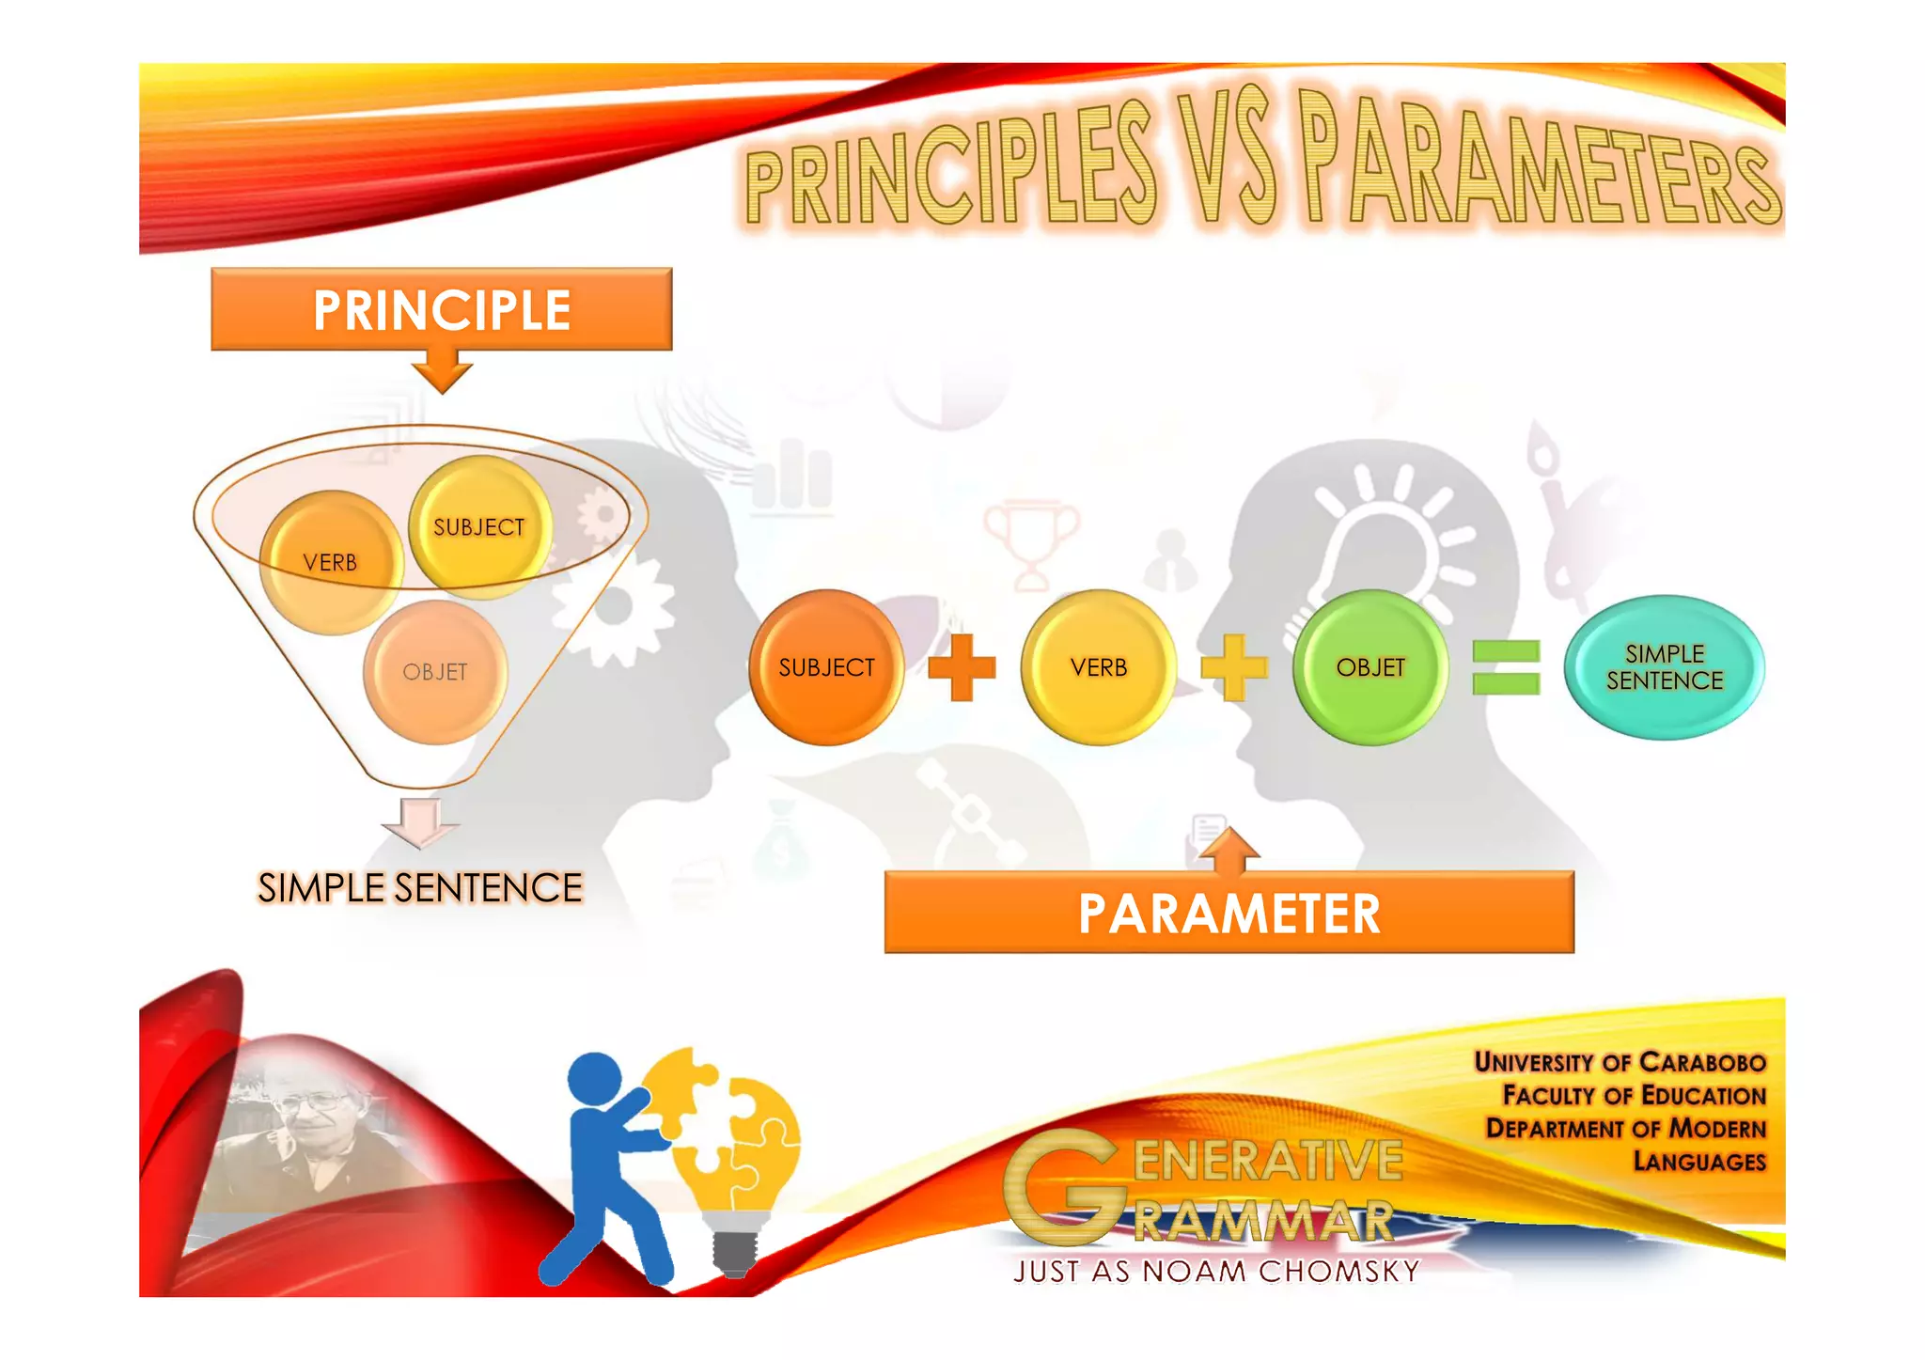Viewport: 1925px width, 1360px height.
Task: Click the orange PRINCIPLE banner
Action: click(x=441, y=310)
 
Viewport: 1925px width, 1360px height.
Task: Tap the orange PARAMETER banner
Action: click(x=1229, y=913)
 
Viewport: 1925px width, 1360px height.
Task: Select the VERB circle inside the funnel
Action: click(x=331, y=562)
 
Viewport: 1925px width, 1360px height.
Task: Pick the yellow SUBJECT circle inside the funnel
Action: click(x=479, y=527)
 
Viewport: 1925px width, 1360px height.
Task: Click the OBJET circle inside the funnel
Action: click(x=435, y=672)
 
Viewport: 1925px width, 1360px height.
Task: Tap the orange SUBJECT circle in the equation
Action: click(x=826, y=667)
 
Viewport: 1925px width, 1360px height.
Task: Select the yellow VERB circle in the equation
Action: click(x=1098, y=667)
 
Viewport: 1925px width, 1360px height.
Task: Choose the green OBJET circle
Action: click(x=1370, y=667)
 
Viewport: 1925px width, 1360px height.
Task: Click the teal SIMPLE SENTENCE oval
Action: click(x=1665, y=667)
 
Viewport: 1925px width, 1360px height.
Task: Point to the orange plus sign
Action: click(x=961, y=667)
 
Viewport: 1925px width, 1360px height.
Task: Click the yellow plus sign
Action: click(x=1234, y=667)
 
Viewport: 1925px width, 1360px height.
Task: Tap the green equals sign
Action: click(x=1506, y=667)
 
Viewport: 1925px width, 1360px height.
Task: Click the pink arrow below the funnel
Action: click(x=420, y=822)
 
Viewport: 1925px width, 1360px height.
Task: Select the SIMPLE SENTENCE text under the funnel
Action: click(x=420, y=888)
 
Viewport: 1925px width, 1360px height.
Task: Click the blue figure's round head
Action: click(x=595, y=1079)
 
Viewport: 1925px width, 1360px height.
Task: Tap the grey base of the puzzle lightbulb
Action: click(x=735, y=1250)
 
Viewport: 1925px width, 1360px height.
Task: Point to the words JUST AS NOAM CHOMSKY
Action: click(x=1216, y=1272)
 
